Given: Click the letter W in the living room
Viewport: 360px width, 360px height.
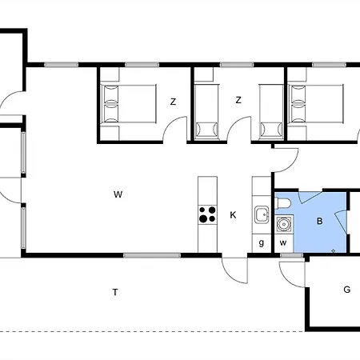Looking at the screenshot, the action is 118,194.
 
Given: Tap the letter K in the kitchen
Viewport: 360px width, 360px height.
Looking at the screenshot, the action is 233,215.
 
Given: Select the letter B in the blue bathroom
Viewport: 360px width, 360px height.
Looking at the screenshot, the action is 319,221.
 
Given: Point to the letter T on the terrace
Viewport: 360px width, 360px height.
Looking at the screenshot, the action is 115,292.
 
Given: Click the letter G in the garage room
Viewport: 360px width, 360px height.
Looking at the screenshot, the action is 346,290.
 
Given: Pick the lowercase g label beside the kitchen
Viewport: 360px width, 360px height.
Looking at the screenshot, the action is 262,243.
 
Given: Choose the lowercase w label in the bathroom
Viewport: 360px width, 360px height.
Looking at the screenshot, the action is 283,243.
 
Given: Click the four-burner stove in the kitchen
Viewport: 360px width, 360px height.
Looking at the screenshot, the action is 207,214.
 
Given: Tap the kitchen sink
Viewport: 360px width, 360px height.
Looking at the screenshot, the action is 262,214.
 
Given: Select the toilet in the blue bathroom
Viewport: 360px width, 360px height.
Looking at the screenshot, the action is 282,203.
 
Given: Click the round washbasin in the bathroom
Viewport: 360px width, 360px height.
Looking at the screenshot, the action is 284,224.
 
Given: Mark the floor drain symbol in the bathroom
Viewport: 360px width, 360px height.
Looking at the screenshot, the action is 333,250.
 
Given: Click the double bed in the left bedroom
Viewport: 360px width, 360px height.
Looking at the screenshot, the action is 128,104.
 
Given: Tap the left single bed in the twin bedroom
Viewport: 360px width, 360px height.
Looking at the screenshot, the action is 206,112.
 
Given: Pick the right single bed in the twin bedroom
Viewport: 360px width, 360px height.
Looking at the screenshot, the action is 271,112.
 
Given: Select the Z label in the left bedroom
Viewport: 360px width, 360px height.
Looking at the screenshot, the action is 174,102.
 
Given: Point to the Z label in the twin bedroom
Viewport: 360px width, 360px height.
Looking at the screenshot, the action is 238,100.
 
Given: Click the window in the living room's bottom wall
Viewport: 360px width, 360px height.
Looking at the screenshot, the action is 152,255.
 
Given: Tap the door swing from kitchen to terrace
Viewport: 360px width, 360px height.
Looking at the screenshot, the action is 234,270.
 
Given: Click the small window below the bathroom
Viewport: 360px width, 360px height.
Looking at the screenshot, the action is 291,255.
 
